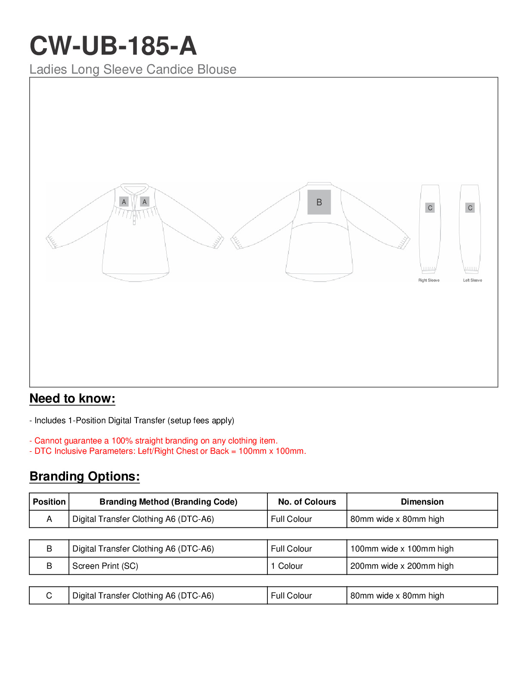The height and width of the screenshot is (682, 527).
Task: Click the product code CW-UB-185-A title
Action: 113,46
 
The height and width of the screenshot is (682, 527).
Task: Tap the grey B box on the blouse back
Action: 319,202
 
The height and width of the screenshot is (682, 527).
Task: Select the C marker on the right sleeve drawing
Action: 430,208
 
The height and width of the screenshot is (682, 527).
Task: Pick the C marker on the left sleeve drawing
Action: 470,208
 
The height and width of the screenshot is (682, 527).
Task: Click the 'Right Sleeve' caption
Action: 429,280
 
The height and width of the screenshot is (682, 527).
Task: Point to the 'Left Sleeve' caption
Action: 472,280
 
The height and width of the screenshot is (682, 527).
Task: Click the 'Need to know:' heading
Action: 72,399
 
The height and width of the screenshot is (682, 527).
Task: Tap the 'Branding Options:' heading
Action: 84,477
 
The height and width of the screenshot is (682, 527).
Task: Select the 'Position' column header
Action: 49,502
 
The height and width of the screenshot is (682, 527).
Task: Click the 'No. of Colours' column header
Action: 307,502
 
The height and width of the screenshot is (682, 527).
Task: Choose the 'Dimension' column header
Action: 422,502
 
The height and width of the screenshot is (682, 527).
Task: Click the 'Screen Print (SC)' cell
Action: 105,566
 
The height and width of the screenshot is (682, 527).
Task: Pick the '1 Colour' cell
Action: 287,566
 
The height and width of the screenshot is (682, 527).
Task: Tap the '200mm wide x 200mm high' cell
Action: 402,566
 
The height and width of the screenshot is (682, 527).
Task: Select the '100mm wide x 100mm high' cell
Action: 402,549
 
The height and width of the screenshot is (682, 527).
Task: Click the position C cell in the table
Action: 49,595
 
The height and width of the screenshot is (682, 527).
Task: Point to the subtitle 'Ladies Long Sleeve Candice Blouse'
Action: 133,69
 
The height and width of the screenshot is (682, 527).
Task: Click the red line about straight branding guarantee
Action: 154,440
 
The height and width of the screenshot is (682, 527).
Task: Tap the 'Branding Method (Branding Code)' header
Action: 168,502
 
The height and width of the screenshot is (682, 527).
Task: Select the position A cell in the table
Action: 49,519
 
